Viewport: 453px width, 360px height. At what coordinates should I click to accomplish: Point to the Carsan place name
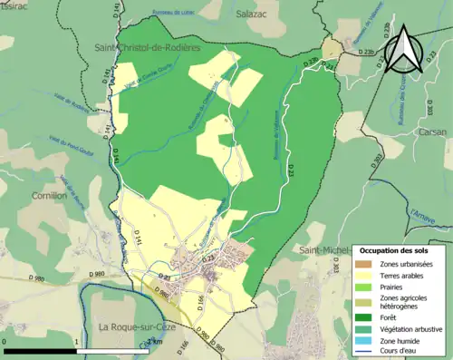click(x=433, y=130)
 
